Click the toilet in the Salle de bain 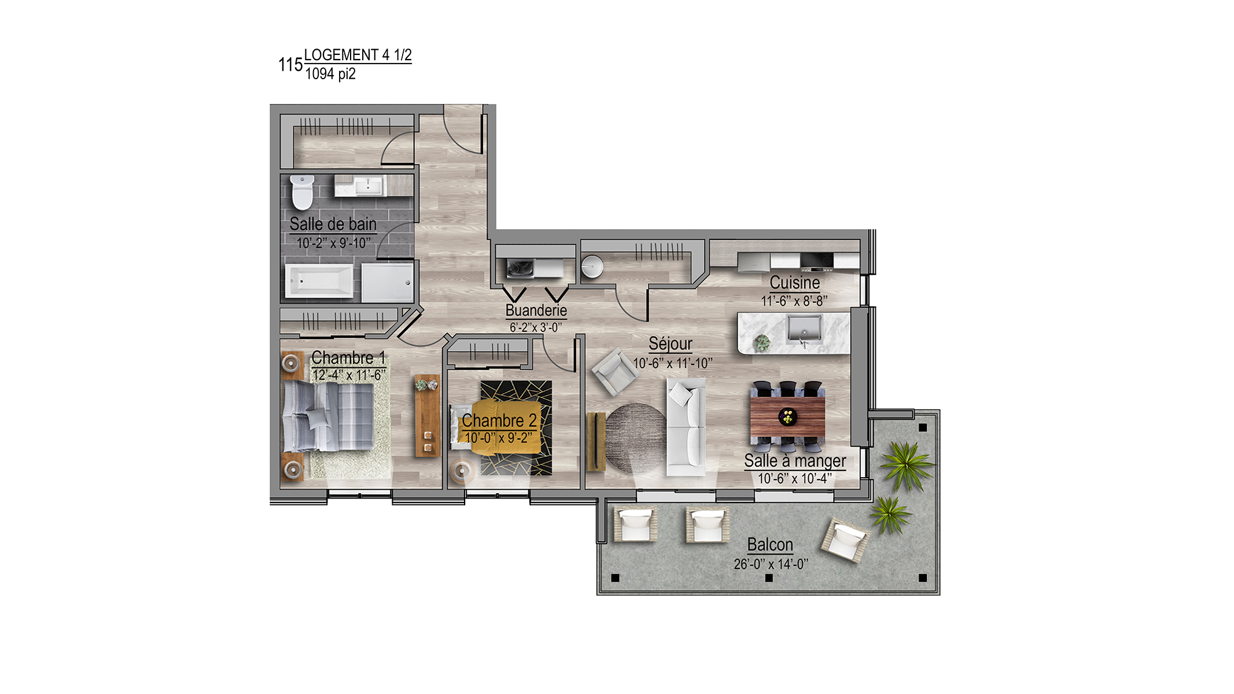click(302, 192)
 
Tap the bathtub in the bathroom click(319, 281)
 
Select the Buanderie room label click(536, 311)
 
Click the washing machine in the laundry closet click(521, 268)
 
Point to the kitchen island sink click(804, 329)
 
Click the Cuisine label click(794, 283)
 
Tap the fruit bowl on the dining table click(787, 416)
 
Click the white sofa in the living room click(686, 427)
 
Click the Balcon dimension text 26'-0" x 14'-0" click(771, 564)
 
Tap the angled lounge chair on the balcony click(845, 541)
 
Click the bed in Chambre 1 click(328, 416)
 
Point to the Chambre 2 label click(499, 420)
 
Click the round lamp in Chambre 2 click(461, 471)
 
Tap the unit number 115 click(290, 65)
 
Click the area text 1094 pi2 click(330, 74)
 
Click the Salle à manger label click(795, 461)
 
